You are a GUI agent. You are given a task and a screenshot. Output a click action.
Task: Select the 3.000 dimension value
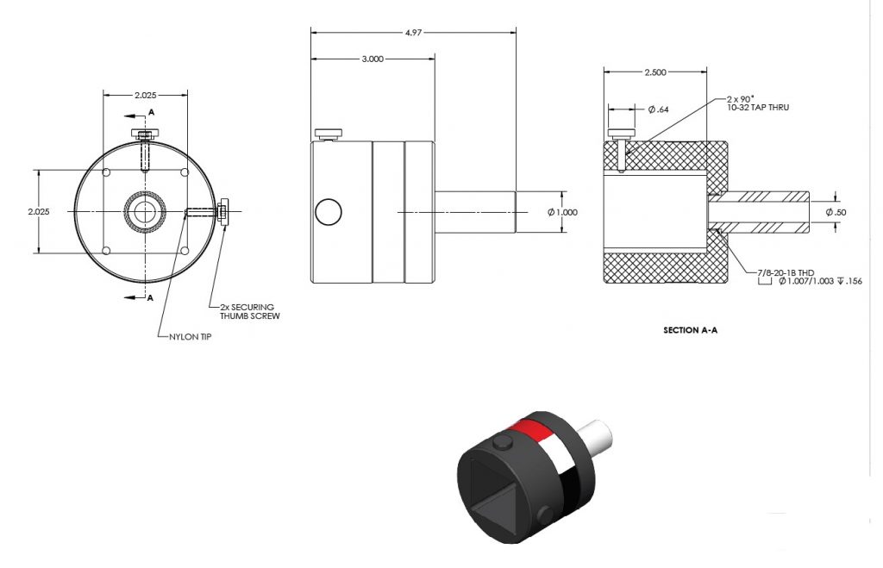point(373,59)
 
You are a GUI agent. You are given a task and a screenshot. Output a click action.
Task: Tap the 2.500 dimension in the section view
point(655,73)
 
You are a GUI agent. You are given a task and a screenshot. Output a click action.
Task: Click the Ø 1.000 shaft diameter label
point(564,212)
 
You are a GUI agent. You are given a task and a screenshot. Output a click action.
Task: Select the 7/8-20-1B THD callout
point(786,272)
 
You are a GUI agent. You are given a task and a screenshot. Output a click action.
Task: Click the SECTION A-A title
point(691,330)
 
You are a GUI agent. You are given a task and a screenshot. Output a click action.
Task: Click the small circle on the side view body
point(328,211)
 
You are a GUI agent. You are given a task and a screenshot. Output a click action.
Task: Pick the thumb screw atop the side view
point(329,134)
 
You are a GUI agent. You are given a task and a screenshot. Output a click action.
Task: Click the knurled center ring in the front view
point(143,211)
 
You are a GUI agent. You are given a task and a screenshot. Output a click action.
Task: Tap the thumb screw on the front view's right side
point(223,211)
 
